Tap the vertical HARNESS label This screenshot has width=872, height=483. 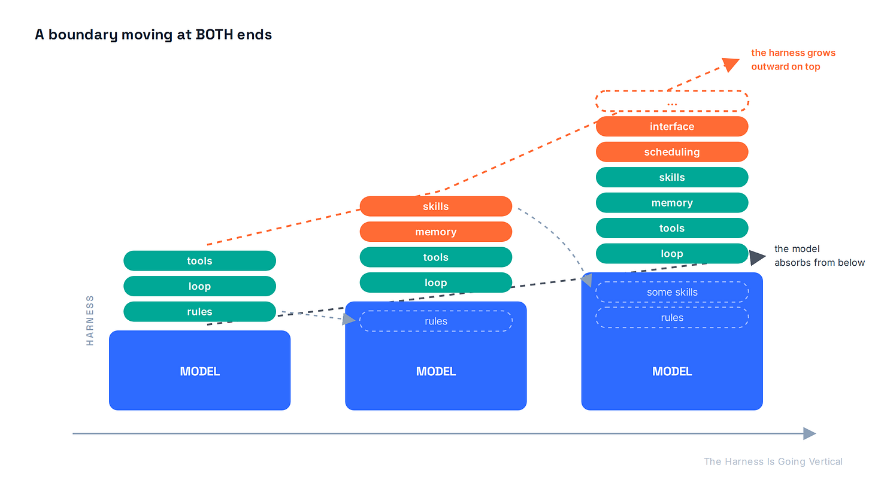90,320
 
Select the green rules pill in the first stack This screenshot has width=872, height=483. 199,311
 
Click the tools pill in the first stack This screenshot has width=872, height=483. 199,260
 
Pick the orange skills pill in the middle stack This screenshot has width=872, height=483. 435,206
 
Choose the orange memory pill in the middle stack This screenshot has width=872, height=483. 435,232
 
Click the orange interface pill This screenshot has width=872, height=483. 672,126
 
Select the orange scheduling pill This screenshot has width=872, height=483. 672,151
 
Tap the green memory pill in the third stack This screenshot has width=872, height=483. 672,203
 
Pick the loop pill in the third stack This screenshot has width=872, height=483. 672,254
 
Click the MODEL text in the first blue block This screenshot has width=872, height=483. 199,372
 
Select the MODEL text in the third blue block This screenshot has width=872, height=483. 672,372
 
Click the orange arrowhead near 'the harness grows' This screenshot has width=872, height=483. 731,64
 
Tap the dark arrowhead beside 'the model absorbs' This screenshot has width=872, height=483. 757,257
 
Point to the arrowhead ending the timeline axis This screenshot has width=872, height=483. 809,433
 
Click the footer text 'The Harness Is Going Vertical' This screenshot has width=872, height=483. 773,461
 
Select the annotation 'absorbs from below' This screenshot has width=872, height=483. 819,263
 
